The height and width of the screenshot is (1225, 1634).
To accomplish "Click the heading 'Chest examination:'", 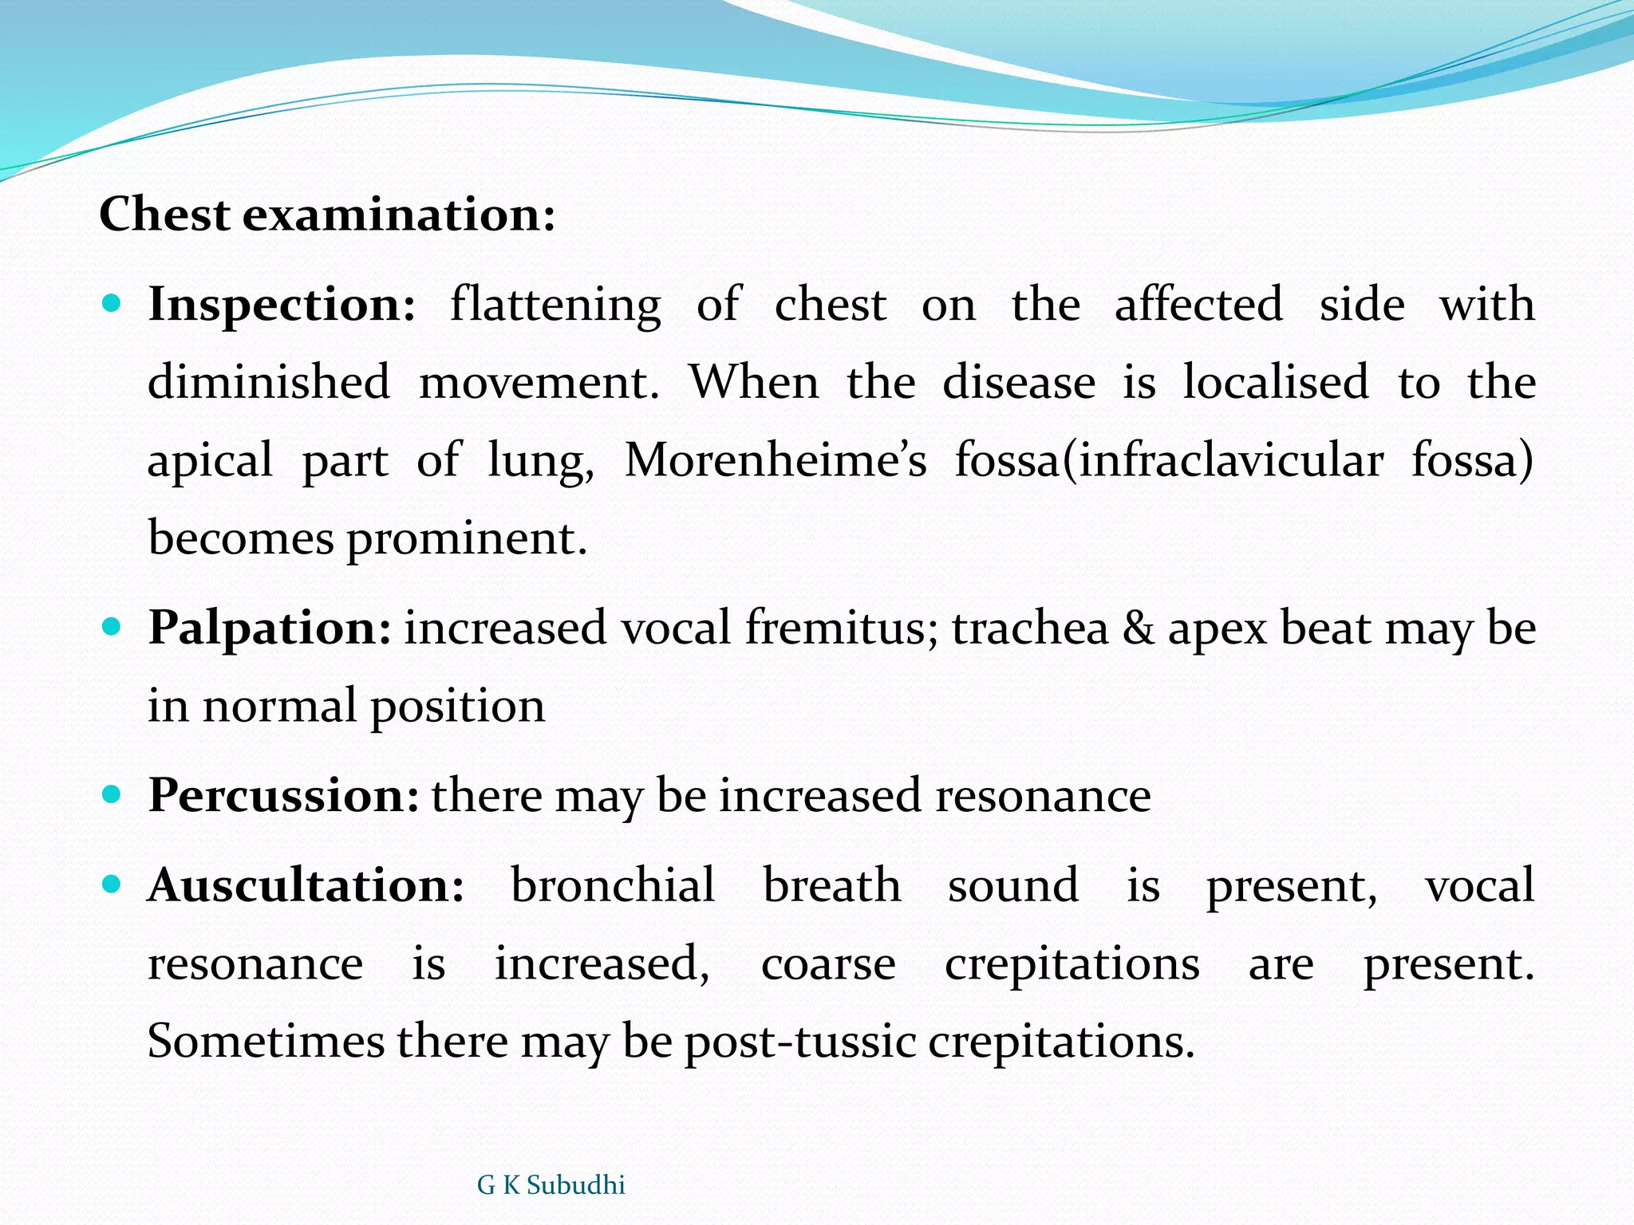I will pyautogui.click(x=327, y=215).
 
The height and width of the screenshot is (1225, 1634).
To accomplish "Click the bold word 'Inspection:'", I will pyautogui.click(x=282, y=305).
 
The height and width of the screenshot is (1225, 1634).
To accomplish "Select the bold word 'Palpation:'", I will pyautogui.click(x=270, y=628).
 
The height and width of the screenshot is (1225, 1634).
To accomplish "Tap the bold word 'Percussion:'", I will pyautogui.click(x=283, y=795).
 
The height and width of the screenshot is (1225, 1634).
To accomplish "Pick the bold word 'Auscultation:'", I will pyautogui.click(x=306, y=885).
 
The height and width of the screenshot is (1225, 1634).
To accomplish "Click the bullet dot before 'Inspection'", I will pyautogui.click(x=112, y=304).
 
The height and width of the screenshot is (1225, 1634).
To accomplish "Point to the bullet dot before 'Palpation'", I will pyautogui.click(x=112, y=627).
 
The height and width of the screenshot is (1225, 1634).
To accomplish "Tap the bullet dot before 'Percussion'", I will pyautogui.click(x=112, y=794).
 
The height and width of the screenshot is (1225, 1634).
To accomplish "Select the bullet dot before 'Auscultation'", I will pyautogui.click(x=112, y=884).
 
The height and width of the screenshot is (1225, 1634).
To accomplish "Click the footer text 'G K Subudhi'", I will pyautogui.click(x=551, y=1185).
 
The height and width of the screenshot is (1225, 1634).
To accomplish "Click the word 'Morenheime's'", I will pyautogui.click(x=776, y=461).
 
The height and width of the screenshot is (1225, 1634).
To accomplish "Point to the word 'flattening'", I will pyautogui.click(x=555, y=306).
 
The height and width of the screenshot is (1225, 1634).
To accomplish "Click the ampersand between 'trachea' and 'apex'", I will pyautogui.click(x=1139, y=628).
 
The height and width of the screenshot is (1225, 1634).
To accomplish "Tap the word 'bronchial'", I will pyautogui.click(x=613, y=885).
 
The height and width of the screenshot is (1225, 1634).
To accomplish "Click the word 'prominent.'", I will pyautogui.click(x=467, y=540).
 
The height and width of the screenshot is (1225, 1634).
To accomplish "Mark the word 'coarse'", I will pyautogui.click(x=828, y=964).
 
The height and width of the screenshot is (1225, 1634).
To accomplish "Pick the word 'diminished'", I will pyautogui.click(x=269, y=382).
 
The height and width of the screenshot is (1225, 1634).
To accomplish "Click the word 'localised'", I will pyautogui.click(x=1275, y=382).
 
